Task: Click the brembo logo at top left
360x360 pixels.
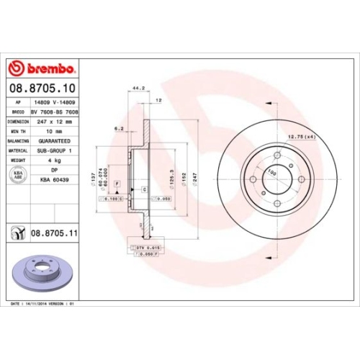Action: click(41, 69)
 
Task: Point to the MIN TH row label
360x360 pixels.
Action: click(17, 132)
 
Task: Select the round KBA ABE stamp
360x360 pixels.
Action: click(17, 174)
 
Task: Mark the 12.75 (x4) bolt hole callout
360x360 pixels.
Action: click(302, 137)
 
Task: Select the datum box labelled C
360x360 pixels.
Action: click(144, 189)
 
